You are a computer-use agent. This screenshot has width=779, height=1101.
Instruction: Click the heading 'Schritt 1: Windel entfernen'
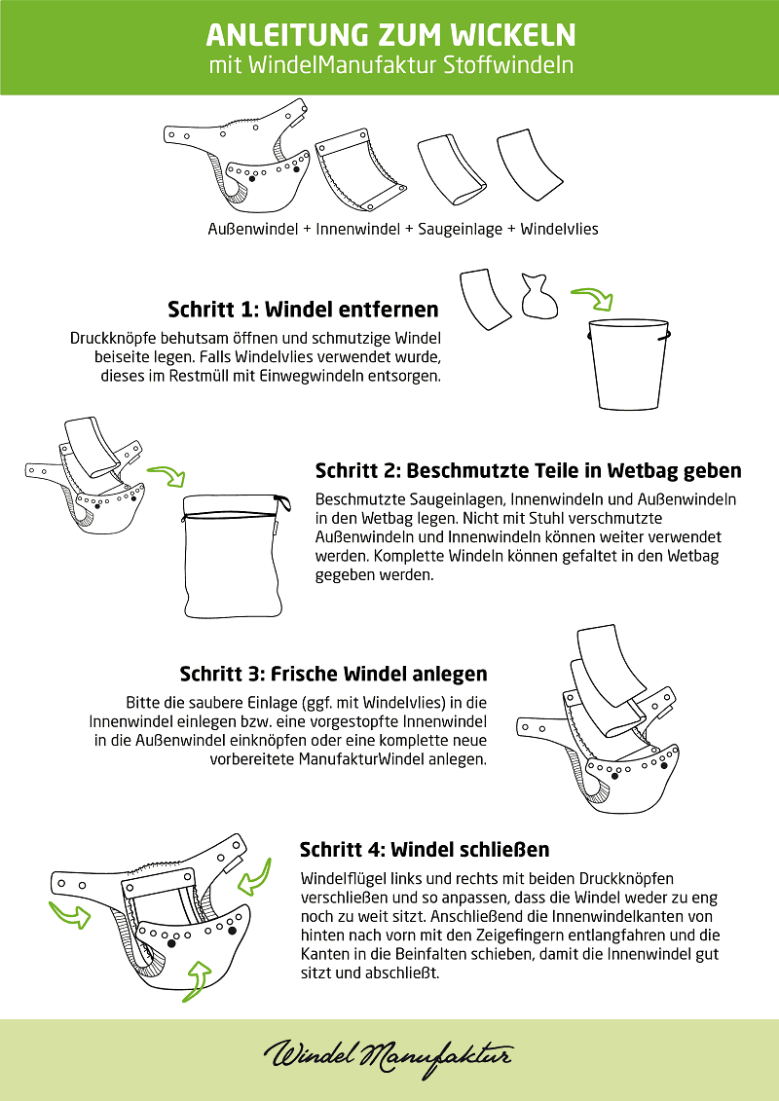pyautogui.click(x=304, y=310)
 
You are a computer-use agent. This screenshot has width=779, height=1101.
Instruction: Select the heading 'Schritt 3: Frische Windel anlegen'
pyautogui.click(x=334, y=674)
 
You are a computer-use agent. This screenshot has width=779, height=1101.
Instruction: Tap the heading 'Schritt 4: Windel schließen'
pyautogui.click(x=425, y=849)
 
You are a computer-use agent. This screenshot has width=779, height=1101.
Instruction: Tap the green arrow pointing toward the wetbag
pyautogui.click(x=167, y=475)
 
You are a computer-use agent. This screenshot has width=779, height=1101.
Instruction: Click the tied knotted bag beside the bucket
pyautogui.click(x=538, y=296)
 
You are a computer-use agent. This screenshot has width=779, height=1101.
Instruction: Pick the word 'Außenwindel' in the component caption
pyautogui.click(x=253, y=230)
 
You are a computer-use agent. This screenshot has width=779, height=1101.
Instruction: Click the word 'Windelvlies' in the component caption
pyautogui.click(x=560, y=230)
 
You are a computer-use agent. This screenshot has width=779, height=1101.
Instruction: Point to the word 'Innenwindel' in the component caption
pyautogui.click(x=355, y=230)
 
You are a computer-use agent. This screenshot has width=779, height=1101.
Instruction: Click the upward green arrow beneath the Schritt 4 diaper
pyautogui.click(x=204, y=975)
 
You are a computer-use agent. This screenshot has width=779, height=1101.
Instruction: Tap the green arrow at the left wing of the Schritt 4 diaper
pyautogui.click(x=70, y=913)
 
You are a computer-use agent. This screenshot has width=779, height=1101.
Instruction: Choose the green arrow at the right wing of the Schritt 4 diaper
pyautogui.click(x=253, y=879)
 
